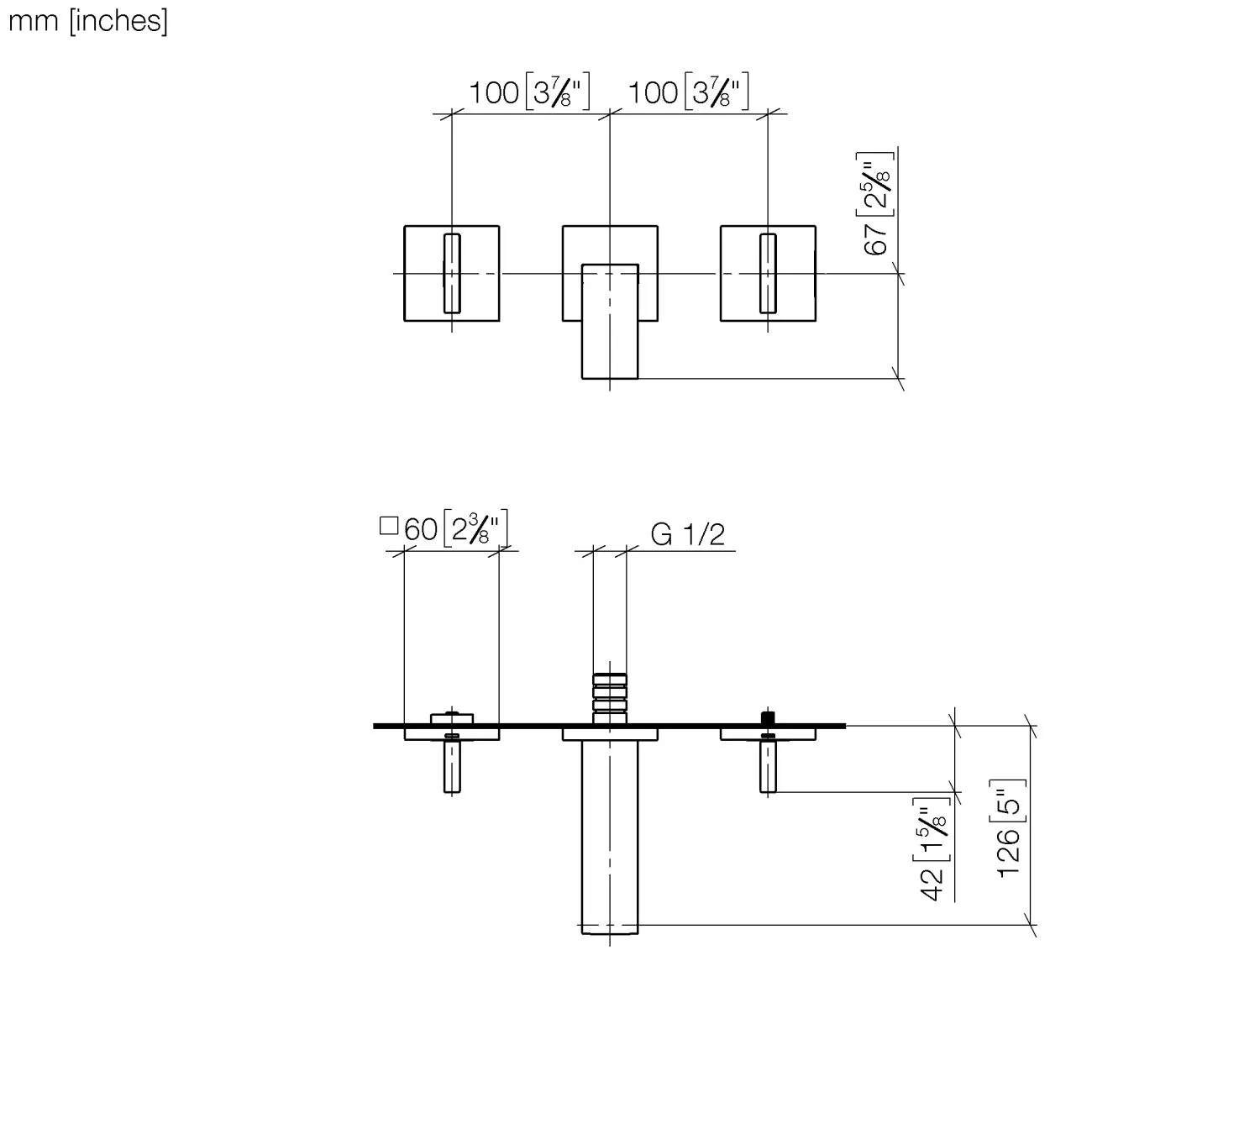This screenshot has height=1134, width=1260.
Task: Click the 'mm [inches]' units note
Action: [x=87, y=20]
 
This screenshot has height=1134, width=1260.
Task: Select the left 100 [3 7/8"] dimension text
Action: [x=529, y=92]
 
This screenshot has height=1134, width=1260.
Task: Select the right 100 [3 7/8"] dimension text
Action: [x=688, y=92]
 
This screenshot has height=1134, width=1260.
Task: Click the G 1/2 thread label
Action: [x=687, y=534]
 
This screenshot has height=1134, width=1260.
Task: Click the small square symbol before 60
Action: [x=388, y=526]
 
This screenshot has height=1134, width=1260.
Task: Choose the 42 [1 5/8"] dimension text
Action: [x=933, y=849]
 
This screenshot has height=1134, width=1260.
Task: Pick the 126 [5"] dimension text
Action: [x=1009, y=828]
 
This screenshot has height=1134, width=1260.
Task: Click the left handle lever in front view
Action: [x=452, y=273]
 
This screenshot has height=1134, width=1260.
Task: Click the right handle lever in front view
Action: [x=768, y=273]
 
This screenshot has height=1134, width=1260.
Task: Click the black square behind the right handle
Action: [x=766, y=717]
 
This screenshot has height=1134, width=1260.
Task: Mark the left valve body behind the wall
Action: [x=452, y=718]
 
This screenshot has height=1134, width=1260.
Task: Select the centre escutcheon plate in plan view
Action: [x=610, y=735]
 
